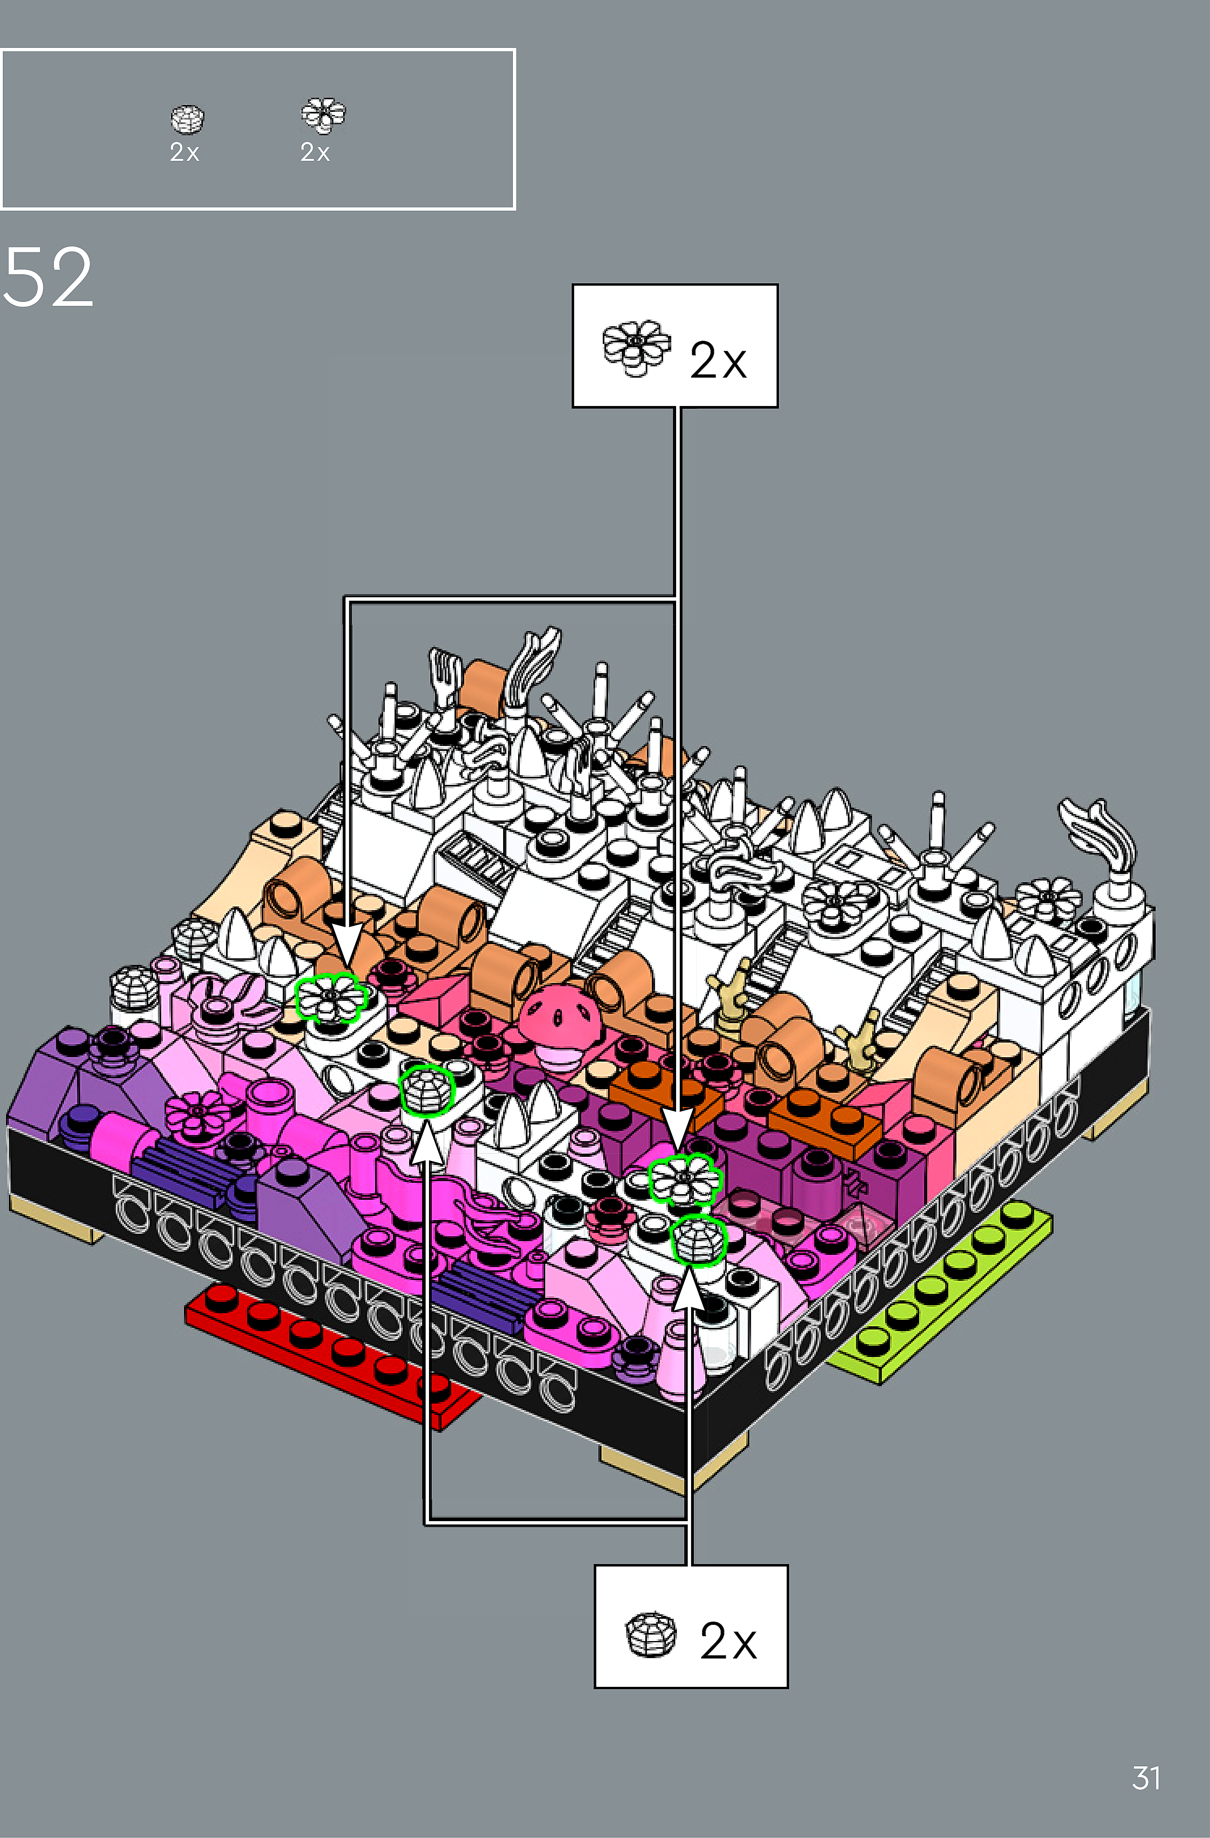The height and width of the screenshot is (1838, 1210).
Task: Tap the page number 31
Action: [x=1146, y=1778]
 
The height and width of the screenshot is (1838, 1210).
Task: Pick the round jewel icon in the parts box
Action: [x=187, y=119]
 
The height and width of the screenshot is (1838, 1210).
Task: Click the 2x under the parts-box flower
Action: [x=315, y=153]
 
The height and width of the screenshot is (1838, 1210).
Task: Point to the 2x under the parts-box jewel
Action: [x=185, y=153]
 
